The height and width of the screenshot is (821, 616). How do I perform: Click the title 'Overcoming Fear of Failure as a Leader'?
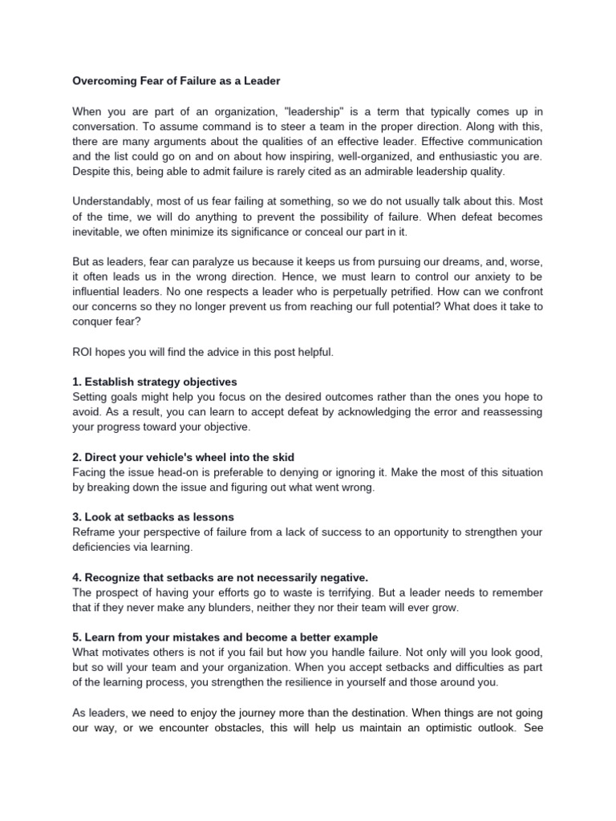tap(176, 81)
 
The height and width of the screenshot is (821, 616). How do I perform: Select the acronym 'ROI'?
tap(83, 352)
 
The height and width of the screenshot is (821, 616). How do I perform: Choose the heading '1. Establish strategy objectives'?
tap(155, 382)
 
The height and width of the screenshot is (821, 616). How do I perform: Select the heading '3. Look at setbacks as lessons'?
tap(153, 517)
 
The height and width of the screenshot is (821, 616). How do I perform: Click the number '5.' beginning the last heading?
tap(78, 637)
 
